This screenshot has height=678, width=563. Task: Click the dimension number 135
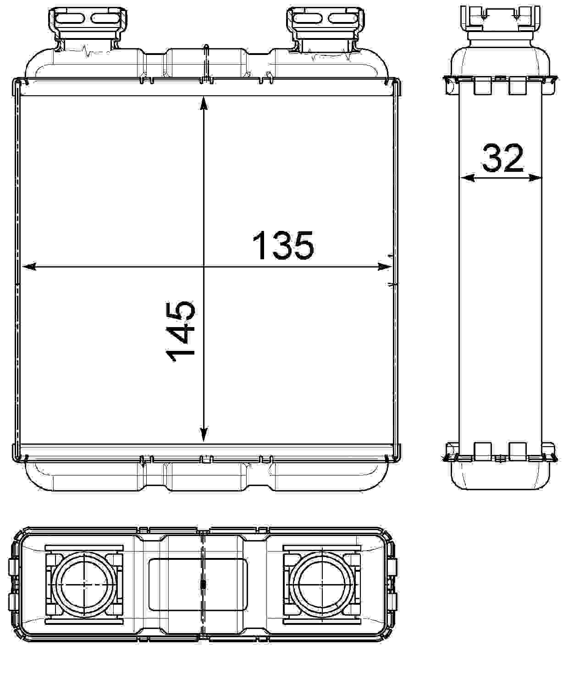[283, 246]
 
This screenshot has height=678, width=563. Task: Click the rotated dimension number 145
[180, 332]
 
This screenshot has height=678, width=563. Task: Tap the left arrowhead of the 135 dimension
[28, 267]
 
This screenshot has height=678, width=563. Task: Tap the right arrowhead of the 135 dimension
[385, 267]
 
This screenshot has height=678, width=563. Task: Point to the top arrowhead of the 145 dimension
[204, 104]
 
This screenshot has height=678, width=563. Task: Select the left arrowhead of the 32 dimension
[467, 178]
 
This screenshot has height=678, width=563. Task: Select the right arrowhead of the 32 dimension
[535, 178]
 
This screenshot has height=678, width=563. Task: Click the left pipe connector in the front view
[88, 29]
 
